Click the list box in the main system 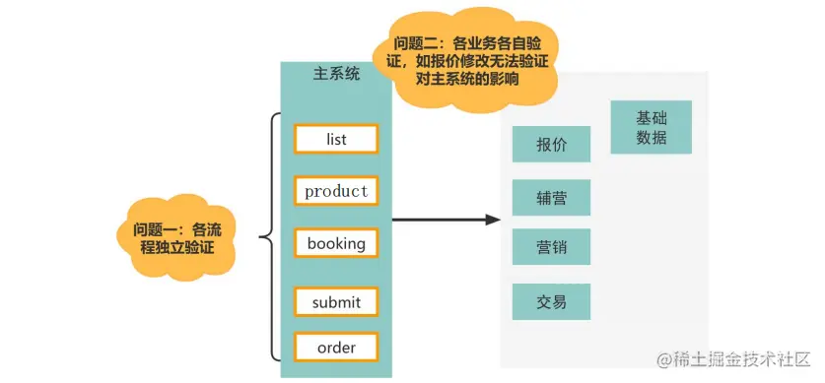pos(335,139)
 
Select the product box pos(335,191)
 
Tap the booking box pos(335,243)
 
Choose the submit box pos(335,302)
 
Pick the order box pos(335,348)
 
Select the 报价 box pos(551,144)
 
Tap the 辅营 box pos(551,197)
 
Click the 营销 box pos(551,247)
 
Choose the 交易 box pos(551,301)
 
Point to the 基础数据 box pos(651,127)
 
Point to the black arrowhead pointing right pos(493,219)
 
